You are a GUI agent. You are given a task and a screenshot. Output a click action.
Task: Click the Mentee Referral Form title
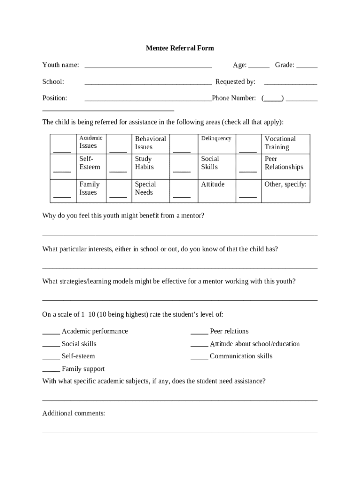point(180,48)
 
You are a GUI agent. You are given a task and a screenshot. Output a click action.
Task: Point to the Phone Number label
point(234,98)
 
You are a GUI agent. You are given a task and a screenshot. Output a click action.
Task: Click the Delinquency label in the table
point(216,138)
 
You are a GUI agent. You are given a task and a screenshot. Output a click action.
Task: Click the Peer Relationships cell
point(284,163)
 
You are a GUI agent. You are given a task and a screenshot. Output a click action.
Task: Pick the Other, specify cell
point(285,184)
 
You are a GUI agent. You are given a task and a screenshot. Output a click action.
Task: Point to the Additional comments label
point(73,414)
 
